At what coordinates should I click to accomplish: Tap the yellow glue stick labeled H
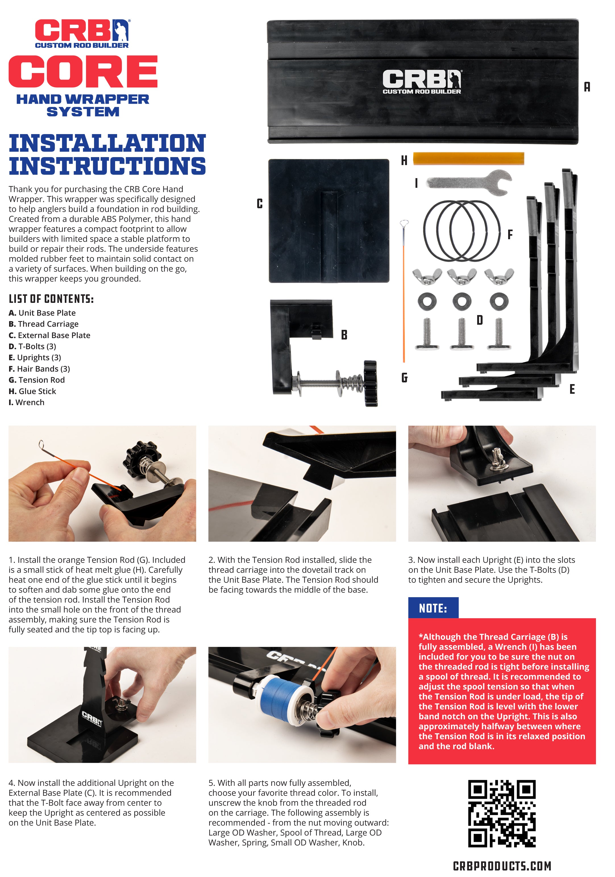click(x=468, y=158)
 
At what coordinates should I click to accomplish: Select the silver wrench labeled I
click(x=469, y=182)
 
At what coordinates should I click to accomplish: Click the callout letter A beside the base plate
click(x=587, y=87)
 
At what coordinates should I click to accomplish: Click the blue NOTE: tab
click(x=433, y=608)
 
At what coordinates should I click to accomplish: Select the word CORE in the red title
click(x=83, y=71)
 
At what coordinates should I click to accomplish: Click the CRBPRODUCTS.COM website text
click(x=502, y=866)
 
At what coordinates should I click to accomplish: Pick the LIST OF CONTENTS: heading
click(x=51, y=299)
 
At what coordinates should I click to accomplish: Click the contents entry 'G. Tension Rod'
click(x=37, y=380)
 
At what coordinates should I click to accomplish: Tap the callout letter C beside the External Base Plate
click(x=260, y=204)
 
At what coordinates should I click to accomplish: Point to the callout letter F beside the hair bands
click(x=510, y=234)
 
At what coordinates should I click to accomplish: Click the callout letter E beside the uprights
click(x=572, y=389)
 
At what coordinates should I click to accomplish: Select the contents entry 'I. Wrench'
click(x=26, y=402)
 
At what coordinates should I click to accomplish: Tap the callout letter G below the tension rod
click(x=404, y=378)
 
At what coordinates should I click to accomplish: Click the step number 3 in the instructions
click(x=411, y=560)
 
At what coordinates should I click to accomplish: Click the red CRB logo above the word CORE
click(x=82, y=34)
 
